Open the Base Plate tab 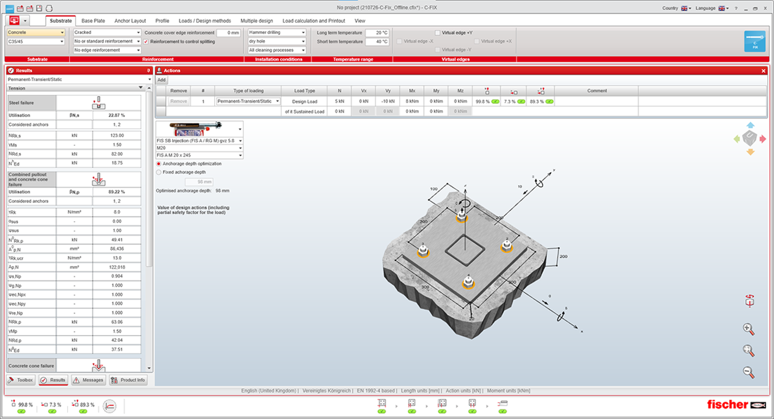click(x=93, y=21)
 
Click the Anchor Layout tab click(x=130, y=21)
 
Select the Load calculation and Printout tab click(x=314, y=21)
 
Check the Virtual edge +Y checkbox click(x=438, y=33)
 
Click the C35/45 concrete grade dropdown click(x=36, y=42)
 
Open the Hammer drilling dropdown click(x=277, y=32)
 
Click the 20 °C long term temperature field click(x=377, y=33)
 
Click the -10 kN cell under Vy click(x=388, y=101)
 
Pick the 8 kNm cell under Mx click(x=412, y=101)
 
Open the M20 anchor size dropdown click(x=199, y=148)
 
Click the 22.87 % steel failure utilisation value click(x=117, y=115)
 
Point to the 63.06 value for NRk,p click(x=117, y=322)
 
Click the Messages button click(x=89, y=380)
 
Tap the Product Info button click(x=128, y=380)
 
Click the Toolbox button click(x=21, y=380)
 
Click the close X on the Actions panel click(x=764, y=71)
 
